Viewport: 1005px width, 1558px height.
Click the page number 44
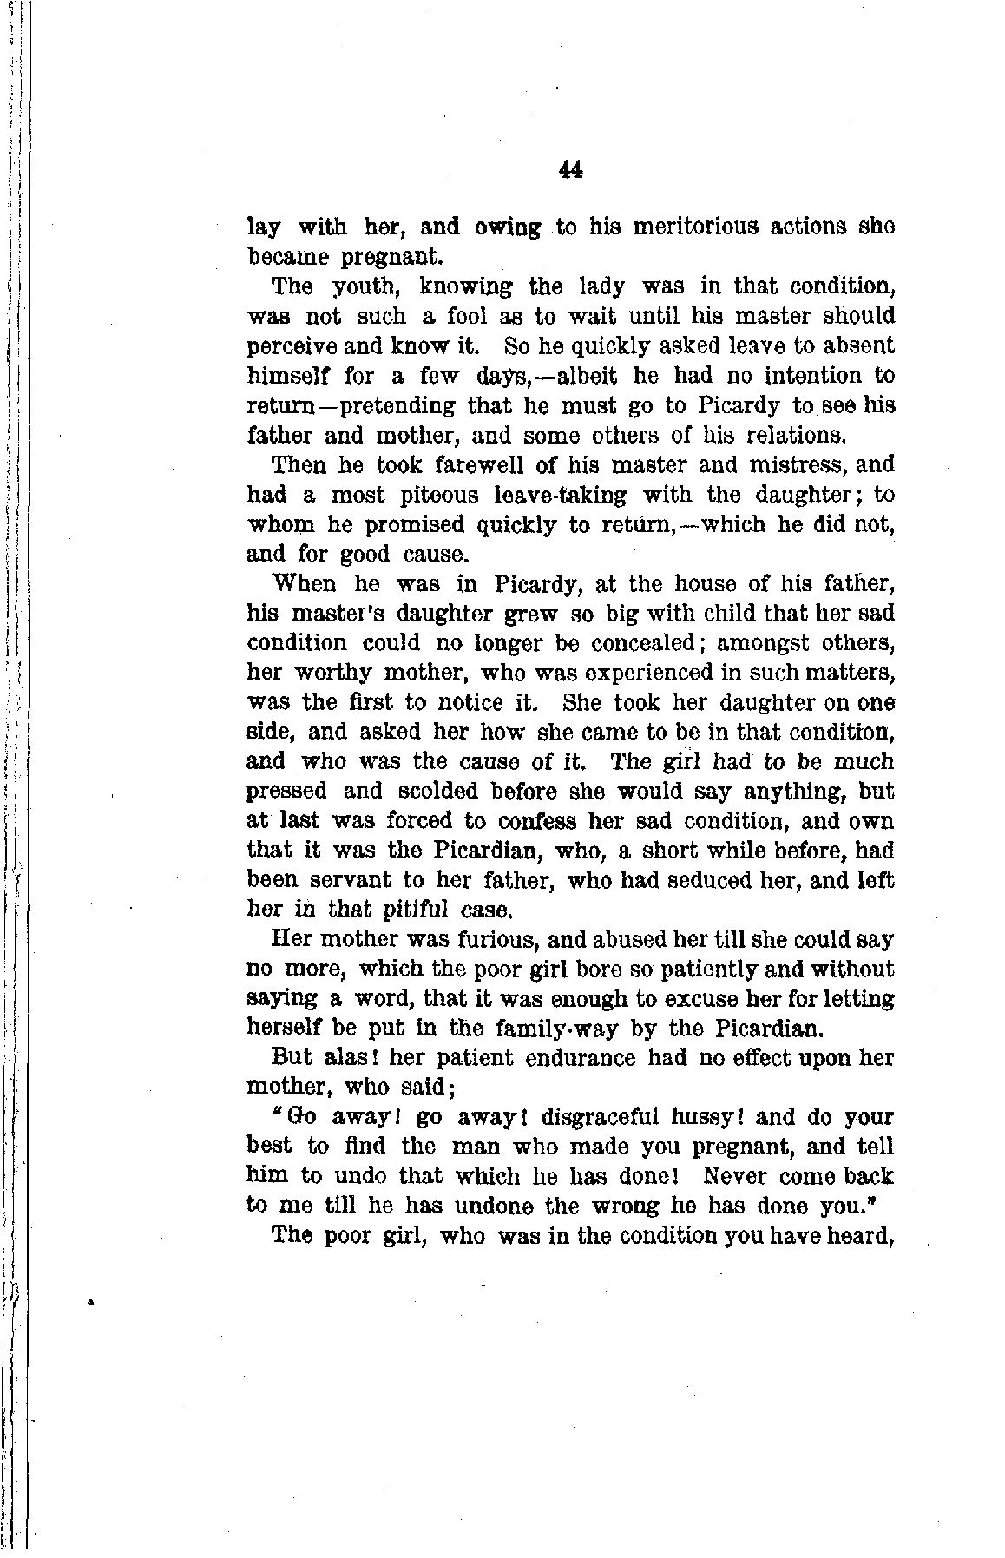coord(570,171)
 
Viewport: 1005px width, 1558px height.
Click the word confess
coord(537,821)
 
